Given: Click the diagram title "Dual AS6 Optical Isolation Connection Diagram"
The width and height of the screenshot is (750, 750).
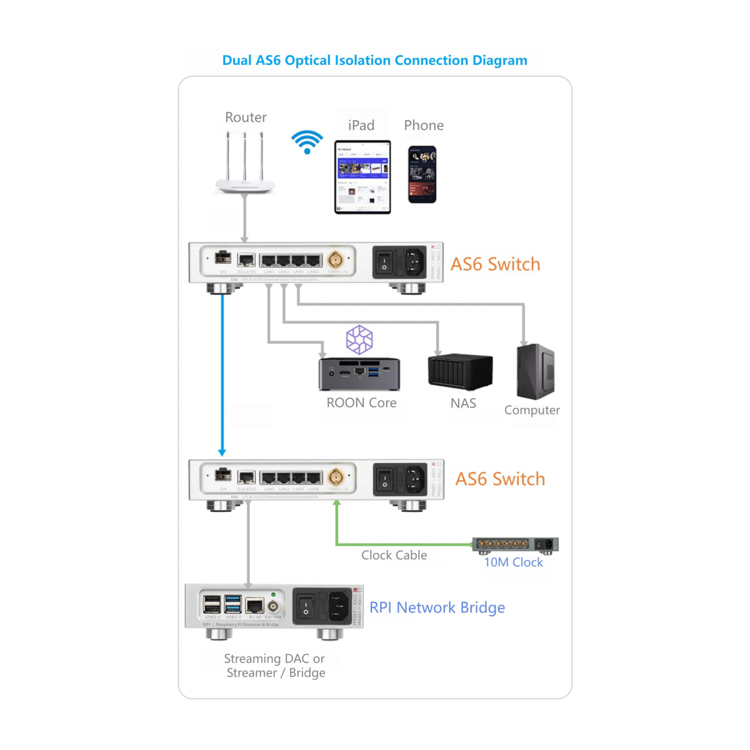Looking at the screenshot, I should pos(374,61).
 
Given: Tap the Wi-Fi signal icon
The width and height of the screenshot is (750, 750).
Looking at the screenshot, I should pos(307,142).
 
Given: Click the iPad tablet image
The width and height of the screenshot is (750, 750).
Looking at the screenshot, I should pos(362,177).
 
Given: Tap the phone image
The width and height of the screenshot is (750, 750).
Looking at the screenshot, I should pos(422,174).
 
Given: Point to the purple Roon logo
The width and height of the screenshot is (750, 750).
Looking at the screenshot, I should pos(359,340).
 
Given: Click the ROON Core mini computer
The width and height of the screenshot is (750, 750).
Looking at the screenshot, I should pos(359,374).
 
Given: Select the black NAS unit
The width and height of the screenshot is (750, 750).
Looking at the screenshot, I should pos(460,372).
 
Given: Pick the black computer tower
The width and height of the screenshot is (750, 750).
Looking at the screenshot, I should pos(536,371).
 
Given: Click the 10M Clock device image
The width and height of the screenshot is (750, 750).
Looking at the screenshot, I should pos(515,544).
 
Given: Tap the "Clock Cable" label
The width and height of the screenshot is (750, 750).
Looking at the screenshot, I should pos(394,555).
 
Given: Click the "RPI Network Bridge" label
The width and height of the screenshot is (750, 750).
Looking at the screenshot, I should pos(437,607).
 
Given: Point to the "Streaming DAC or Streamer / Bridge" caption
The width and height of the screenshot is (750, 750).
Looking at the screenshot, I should pos(275,666).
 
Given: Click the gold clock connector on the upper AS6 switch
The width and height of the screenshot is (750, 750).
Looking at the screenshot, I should pos(335,259).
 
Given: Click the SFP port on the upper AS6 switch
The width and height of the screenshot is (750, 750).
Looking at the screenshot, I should pos(222,257).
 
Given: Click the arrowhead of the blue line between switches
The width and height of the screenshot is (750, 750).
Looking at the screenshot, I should pos(222,452).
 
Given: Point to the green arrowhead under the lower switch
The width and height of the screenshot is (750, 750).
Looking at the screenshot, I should pos(337,504).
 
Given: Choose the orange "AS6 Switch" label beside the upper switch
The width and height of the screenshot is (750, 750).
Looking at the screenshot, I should pos(495,264).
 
